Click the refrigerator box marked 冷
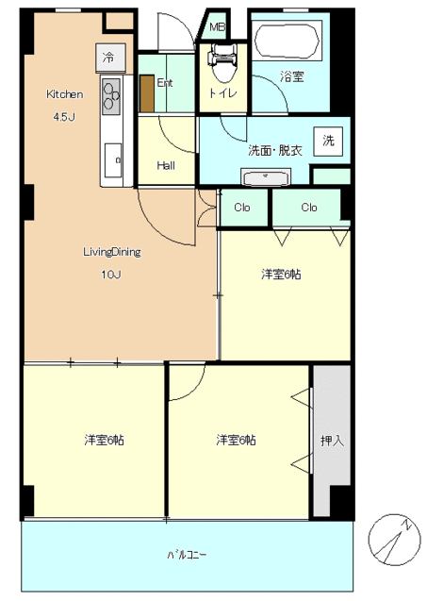(x=110, y=58)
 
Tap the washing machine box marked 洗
(x=328, y=142)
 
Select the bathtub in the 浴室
(x=287, y=42)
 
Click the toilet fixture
(x=223, y=63)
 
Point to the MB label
(x=217, y=26)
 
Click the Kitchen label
(x=64, y=94)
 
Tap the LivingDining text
(x=112, y=252)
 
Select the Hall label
(x=166, y=166)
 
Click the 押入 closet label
(x=332, y=441)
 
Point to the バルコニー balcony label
(x=188, y=555)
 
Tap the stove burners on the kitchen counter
(x=111, y=96)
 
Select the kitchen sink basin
(x=113, y=160)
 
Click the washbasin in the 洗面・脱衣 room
(x=266, y=177)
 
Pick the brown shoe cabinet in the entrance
(x=147, y=93)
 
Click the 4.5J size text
(x=64, y=117)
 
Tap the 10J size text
(x=111, y=275)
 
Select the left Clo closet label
(x=242, y=208)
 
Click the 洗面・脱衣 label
(x=275, y=150)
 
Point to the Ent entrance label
(x=165, y=83)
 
